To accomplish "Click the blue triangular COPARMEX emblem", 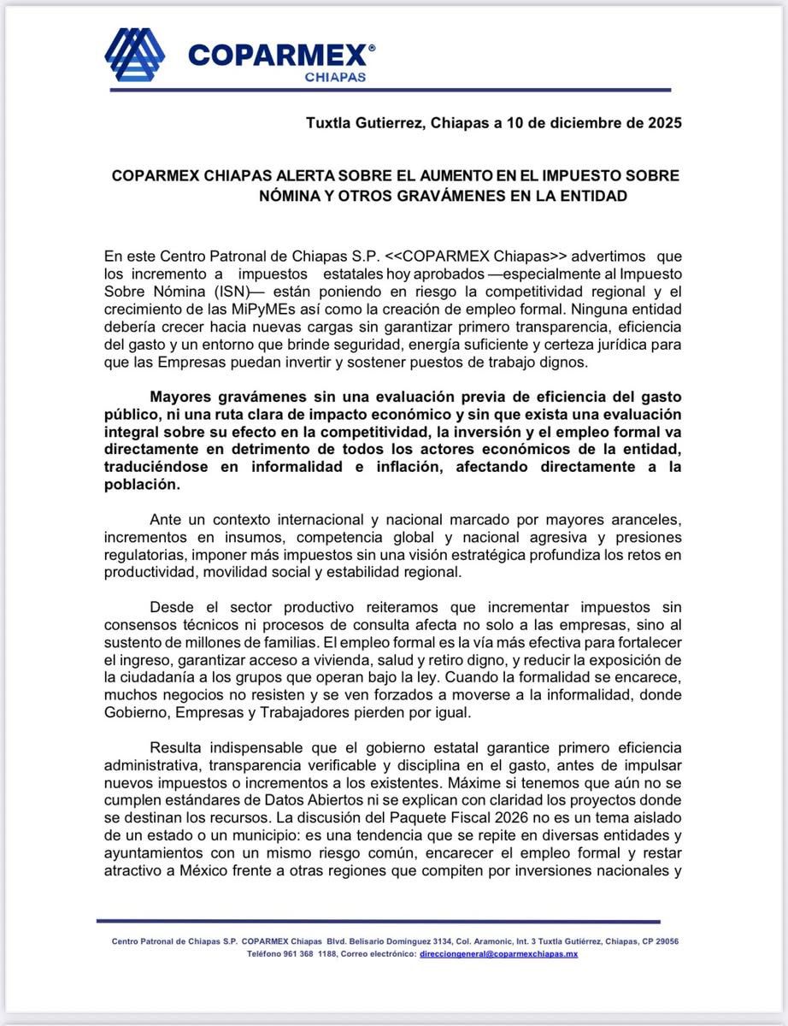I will click(x=134, y=55).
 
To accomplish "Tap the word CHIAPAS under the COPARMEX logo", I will click(x=335, y=76).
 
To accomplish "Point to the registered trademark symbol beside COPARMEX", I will click(x=371, y=49).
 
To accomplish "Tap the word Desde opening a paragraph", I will click(x=172, y=607).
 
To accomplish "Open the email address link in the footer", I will click(x=499, y=953).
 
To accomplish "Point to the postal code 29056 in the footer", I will click(x=664, y=941).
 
